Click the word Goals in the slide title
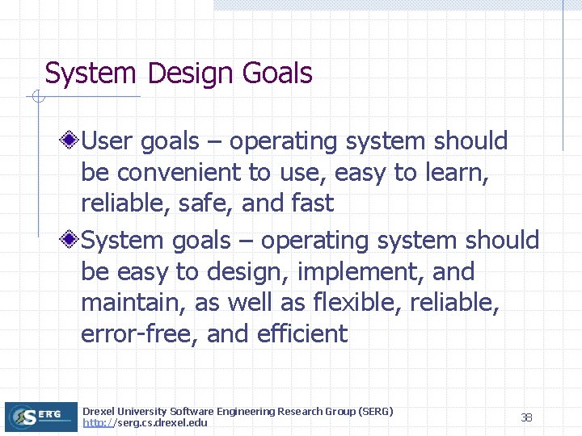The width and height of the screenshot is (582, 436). coord(276,73)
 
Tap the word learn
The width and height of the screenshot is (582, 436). coord(453,173)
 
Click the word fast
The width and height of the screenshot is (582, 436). coord(311,203)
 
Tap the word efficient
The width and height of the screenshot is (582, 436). coord(301,333)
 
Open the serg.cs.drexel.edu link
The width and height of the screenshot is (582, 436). coord(145,423)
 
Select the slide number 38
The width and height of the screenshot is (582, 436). coord(526,417)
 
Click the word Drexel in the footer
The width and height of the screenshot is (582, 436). coord(99,412)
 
